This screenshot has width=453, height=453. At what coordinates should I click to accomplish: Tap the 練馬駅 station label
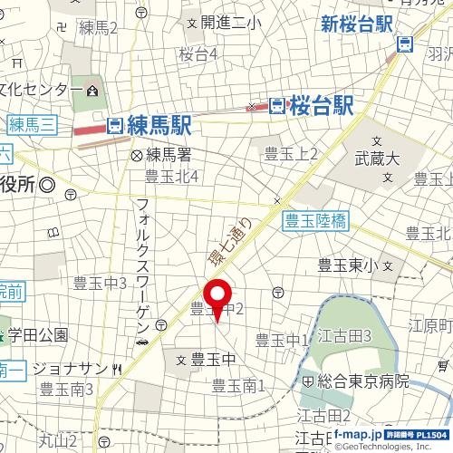click(158, 124)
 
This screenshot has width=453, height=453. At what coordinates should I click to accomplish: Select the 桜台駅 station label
click(321, 106)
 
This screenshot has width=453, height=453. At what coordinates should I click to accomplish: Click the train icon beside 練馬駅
click(115, 125)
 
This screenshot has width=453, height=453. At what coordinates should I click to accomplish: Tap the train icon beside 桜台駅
click(277, 106)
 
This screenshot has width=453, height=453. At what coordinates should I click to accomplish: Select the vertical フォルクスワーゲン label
click(142, 264)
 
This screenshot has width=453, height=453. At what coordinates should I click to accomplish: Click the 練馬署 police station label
click(166, 154)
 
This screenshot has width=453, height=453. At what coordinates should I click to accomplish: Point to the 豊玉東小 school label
click(349, 265)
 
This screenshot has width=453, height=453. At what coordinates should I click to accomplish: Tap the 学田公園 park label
click(39, 334)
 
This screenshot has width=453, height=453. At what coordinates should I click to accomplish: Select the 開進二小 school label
click(230, 22)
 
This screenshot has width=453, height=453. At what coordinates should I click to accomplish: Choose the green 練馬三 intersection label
click(32, 122)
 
